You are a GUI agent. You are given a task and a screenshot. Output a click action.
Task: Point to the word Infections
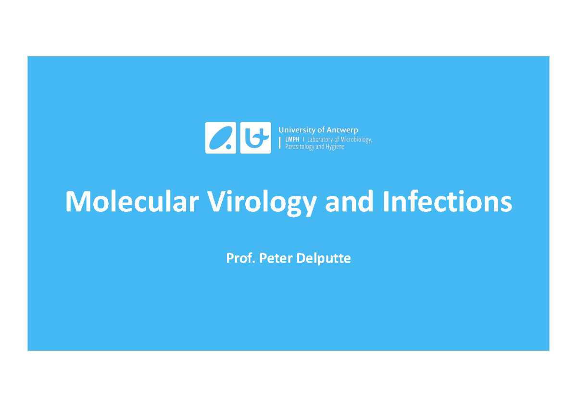(x=447, y=202)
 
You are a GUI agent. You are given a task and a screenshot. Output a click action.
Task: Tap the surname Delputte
(x=323, y=259)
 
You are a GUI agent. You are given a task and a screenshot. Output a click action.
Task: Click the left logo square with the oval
(x=220, y=138)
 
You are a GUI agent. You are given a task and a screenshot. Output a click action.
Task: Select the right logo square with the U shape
(x=255, y=138)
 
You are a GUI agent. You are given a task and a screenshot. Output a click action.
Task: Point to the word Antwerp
(x=342, y=130)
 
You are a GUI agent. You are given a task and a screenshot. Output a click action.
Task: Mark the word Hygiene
(x=334, y=147)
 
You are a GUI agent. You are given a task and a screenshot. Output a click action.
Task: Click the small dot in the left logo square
(x=229, y=147)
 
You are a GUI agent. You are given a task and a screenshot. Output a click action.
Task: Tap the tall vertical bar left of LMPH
(x=280, y=143)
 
